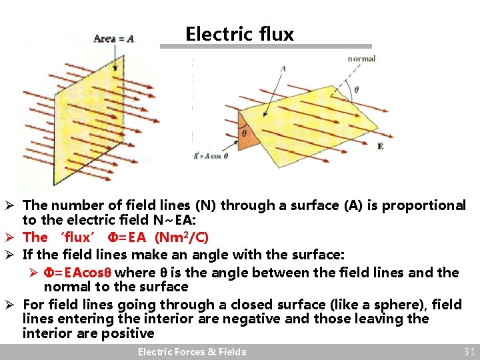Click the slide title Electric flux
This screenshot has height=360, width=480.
tap(239, 34)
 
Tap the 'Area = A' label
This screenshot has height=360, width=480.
tap(114, 38)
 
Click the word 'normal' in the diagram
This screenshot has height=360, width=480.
tap(361, 59)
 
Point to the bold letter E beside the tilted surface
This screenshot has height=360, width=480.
tap(380, 145)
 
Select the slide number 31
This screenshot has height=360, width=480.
tap(469, 351)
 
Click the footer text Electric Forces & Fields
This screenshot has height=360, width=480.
tap(192, 351)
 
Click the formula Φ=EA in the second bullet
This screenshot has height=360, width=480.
tap(127, 237)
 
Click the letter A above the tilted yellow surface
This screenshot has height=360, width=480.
tap(283, 69)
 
